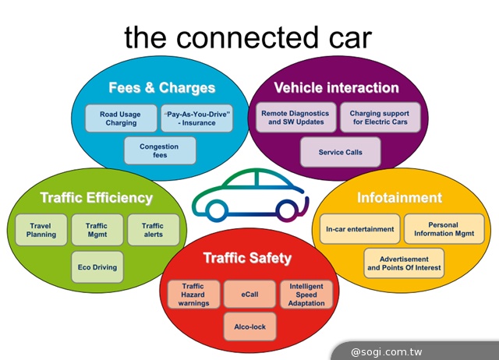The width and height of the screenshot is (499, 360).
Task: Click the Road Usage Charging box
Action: click(x=120, y=118)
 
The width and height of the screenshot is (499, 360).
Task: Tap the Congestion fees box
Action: click(x=159, y=150)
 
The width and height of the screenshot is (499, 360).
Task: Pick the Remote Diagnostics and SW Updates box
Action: click(x=295, y=118)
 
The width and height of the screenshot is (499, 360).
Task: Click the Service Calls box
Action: click(x=340, y=152)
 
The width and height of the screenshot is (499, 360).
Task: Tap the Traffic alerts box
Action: click(x=153, y=230)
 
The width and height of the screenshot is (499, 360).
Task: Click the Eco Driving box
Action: click(x=97, y=267)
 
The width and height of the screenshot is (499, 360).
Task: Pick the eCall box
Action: click(x=249, y=295)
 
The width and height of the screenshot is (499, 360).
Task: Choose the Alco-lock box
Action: click(x=249, y=327)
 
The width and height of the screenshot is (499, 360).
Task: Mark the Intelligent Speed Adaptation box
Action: click(x=306, y=295)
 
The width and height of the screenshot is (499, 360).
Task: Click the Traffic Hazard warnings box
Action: click(x=193, y=295)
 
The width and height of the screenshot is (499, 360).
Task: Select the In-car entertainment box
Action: click(x=359, y=229)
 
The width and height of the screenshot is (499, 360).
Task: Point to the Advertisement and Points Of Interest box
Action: click(x=404, y=263)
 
